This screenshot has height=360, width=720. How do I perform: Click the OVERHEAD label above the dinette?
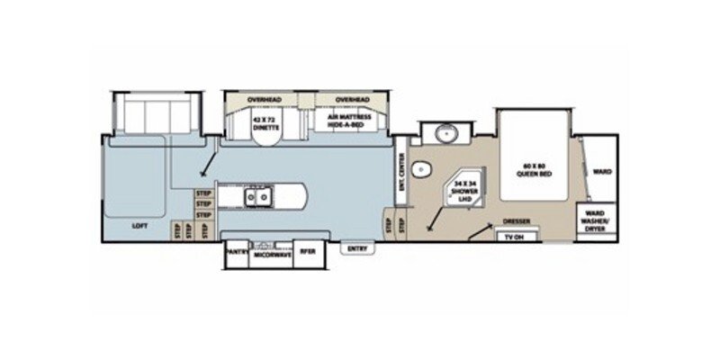pyautogui.click(x=265, y=98)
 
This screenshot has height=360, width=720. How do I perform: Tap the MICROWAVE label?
pyautogui.click(x=270, y=253)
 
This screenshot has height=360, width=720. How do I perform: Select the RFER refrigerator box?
pyautogui.click(x=307, y=252)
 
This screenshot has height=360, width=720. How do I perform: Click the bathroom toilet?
pyautogui.click(x=426, y=170)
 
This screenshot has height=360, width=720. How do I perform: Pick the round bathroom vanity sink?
pyautogui.click(x=445, y=135)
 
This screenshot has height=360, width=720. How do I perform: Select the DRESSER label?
pyautogui.click(x=516, y=220)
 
